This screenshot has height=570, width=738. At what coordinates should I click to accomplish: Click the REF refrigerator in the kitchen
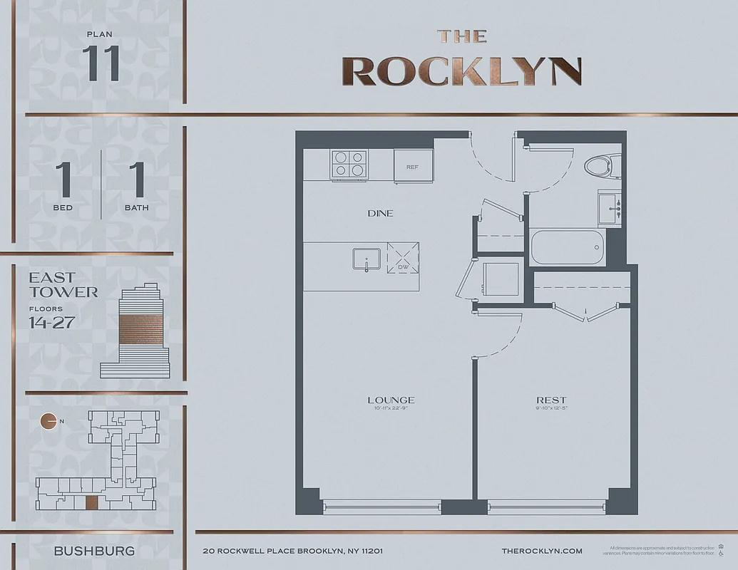414,166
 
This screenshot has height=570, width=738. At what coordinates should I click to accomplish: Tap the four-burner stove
349,164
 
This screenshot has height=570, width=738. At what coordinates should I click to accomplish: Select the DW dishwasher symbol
403,256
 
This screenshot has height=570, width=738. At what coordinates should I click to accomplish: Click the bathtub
567,247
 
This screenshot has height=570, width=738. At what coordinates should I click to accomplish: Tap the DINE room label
380,213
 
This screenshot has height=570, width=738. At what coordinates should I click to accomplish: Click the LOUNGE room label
391,400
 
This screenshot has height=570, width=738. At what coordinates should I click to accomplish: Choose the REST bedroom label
551,400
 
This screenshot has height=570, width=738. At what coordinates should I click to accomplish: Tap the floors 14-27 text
52,322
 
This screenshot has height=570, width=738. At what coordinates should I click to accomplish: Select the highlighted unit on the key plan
91,502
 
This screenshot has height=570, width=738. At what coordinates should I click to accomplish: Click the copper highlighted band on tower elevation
140,329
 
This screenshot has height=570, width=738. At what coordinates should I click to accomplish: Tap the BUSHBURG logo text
94,551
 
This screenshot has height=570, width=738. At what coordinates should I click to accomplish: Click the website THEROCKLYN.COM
542,551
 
